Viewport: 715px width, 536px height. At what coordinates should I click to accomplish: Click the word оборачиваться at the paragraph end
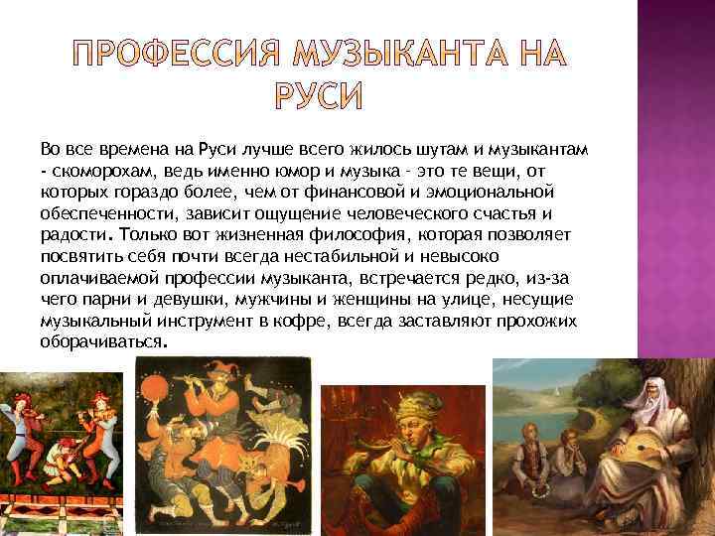[x=103, y=340]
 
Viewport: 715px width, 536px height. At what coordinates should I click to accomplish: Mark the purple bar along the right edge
[x=676, y=199]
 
